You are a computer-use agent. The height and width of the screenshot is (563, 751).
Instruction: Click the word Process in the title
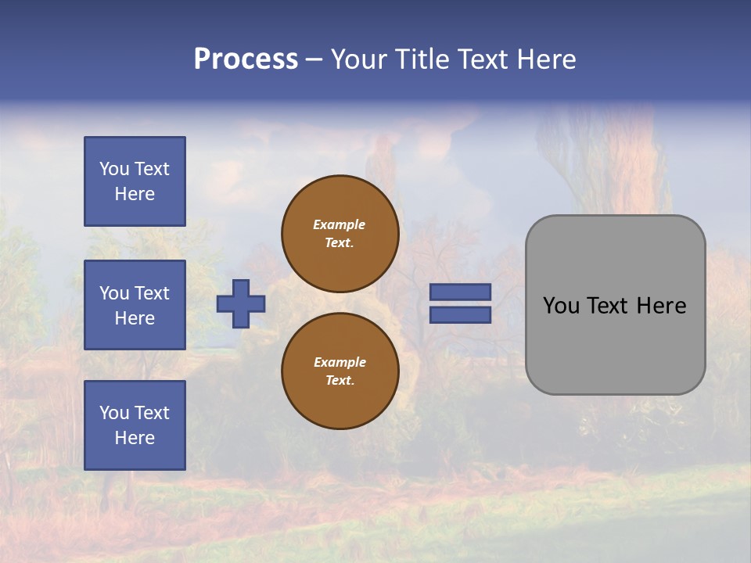click(x=246, y=59)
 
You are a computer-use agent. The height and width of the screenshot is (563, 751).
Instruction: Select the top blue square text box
click(x=135, y=181)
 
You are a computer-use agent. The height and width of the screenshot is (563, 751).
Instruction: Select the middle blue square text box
click(x=135, y=305)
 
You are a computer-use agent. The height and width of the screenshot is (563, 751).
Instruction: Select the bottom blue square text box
click(x=135, y=425)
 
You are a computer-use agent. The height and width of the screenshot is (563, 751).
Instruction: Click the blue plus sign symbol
click(x=241, y=303)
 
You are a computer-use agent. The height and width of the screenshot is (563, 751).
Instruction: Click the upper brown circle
click(x=340, y=234)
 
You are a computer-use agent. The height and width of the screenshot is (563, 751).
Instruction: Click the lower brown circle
click(x=340, y=371)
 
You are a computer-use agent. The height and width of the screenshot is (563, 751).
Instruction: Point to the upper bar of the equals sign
click(x=460, y=292)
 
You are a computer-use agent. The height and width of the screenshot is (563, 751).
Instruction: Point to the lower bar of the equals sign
click(x=460, y=315)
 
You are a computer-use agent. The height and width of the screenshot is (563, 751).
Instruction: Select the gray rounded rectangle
click(x=615, y=305)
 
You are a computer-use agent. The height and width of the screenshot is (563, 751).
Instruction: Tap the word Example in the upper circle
click(x=340, y=224)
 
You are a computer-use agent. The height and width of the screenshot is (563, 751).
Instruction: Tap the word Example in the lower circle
click(x=340, y=362)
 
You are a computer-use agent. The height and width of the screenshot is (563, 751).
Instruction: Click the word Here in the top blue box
click(x=135, y=194)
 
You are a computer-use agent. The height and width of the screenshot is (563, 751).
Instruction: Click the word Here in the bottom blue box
click(x=135, y=438)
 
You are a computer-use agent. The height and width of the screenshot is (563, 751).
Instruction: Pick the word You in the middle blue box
click(x=114, y=293)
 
